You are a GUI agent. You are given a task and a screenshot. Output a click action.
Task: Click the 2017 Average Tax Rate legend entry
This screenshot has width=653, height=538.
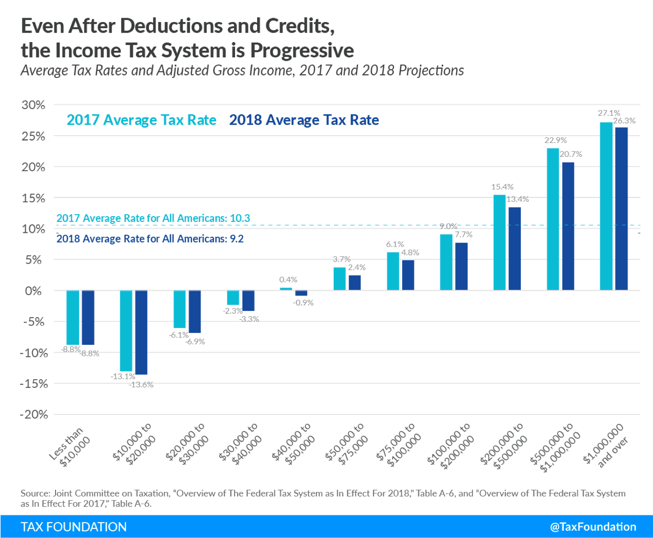(x=141, y=120)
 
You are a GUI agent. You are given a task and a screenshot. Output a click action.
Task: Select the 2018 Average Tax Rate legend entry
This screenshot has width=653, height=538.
(x=304, y=120)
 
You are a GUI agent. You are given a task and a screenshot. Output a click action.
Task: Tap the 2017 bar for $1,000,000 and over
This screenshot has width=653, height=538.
(x=606, y=206)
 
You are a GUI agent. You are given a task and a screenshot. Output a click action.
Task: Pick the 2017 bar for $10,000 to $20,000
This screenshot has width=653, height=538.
(x=126, y=330)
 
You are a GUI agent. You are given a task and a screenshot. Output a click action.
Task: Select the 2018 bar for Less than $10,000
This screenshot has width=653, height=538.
(x=88, y=318)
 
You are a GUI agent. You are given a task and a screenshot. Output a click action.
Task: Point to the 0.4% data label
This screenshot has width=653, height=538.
(x=288, y=280)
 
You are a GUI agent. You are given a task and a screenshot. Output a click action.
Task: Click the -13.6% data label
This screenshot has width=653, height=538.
(x=141, y=385)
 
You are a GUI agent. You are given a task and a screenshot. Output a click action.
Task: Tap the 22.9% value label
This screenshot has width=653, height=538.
(x=555, y=141)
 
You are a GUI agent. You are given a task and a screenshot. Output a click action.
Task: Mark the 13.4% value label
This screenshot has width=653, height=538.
(x=518, y=199)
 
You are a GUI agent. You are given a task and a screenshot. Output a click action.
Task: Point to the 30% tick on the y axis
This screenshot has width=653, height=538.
(x=33, y=105)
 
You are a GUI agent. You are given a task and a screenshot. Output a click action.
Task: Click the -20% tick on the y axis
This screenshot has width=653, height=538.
(x=34, y=415)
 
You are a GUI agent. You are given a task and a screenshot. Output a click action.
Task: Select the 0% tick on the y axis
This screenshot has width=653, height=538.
(x=34, y=291)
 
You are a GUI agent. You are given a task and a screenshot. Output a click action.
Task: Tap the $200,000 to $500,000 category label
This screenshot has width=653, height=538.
(x=504, y=445)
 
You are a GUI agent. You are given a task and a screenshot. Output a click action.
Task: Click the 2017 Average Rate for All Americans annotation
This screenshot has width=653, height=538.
(x=153, y=219)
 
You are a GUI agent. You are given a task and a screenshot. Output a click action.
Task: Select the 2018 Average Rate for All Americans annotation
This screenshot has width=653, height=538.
(x=150, y=239)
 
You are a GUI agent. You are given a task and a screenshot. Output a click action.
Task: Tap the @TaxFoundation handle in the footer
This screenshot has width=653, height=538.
(x=593, y=527)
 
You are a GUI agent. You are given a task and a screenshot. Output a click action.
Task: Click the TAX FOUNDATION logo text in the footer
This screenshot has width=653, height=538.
(x=74, y=527)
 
